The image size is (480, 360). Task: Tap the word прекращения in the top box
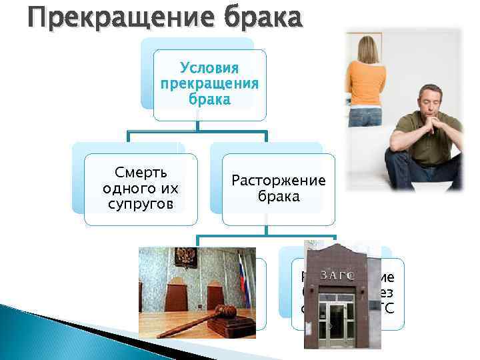pos(209,84)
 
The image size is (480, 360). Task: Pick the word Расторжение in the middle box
pos(278,181)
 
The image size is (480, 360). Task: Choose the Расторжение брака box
pos(278,188)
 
